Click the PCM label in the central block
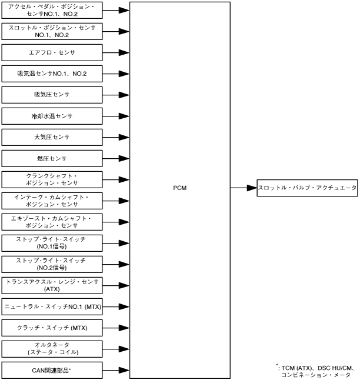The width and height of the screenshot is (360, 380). (x=180, y=188)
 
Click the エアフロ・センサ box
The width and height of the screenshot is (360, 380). (x=52, y=52)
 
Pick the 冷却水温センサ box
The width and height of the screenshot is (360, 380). (x=52, y=116)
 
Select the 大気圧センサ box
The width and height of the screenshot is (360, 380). (x=52, y=137)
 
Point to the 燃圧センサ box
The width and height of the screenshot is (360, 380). (x=52, y=158)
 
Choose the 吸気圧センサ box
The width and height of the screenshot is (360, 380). (x=52, y=95)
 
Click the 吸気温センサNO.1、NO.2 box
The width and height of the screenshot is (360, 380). (x=52, y=74)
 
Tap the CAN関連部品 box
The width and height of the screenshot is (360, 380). (x=52, y=370)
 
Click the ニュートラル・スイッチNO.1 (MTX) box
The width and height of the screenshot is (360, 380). (x=52, y=306)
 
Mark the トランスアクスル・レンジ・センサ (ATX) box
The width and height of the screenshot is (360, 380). (x=52, y=285)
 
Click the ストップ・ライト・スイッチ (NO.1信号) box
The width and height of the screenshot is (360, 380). (x=52, y=243)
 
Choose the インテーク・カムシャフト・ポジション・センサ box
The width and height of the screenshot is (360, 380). (x=52, y=201)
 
